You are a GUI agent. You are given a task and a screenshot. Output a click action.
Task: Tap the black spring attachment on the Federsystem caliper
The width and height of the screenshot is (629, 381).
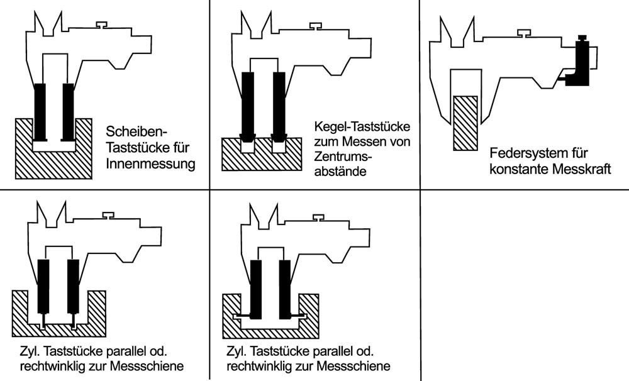[579, 63]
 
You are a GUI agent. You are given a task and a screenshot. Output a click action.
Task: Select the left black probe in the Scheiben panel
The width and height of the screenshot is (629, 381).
[41, 111]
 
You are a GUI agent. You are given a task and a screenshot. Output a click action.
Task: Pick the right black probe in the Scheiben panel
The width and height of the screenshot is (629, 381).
[68, 111]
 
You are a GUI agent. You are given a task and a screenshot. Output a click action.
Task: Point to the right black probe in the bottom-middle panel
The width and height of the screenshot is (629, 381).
[285, 288]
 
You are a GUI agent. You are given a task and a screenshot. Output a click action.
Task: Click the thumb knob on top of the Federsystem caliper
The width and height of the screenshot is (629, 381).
[523, 32]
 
